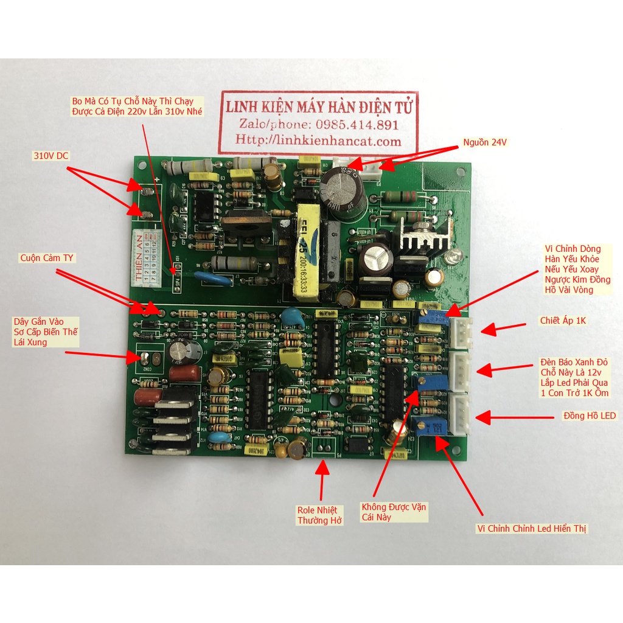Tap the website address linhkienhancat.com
click(318, 141)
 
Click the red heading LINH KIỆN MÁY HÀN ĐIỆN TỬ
click(318, 107)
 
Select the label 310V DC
click(51, 156)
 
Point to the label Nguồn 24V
click(484, 142)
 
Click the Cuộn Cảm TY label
click(46, 258)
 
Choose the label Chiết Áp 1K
click(563, 320)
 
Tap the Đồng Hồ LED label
click(590, 416)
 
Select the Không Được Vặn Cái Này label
click(394, 512)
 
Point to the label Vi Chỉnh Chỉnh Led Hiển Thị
click(531, 528)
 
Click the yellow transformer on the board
click(309, 251)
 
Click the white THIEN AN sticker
click(146, 255)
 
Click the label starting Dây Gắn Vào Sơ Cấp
click(46, 332)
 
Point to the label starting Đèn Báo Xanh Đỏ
click(574, 377)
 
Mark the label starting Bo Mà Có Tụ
click(137, 106)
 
